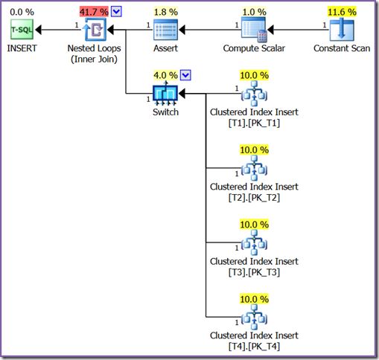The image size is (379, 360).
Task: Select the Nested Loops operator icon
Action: (95, 30)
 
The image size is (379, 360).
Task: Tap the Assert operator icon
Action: (165, 30)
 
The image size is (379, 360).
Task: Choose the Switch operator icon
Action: (165, 94)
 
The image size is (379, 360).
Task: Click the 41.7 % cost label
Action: (93, 11)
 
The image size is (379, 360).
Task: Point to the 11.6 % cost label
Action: (341, 11)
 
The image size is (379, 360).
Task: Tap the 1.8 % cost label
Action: (165, 11)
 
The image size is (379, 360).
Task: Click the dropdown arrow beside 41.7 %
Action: (117, 11)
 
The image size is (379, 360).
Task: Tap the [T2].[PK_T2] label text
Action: (254, 197)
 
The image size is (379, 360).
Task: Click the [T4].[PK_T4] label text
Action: (254, 346)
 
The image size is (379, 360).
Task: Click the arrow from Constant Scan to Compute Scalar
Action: (298, 30)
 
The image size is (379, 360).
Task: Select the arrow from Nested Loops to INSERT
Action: (57, 30)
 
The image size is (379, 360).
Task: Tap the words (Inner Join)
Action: (95, 60)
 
